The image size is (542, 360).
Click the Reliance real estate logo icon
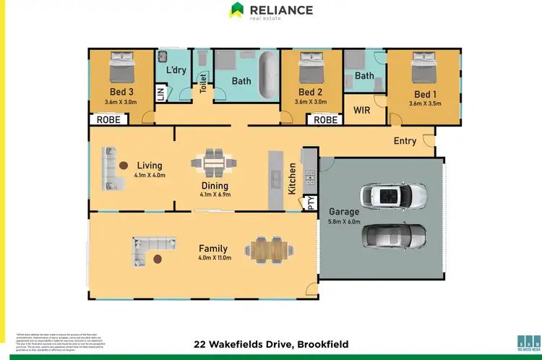tap(236, 10)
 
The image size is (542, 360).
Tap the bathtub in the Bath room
tap(265, 75)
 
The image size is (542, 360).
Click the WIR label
tap(361, 111)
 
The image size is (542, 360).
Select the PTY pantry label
tap(311, 203)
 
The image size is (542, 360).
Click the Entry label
tap(405, 141)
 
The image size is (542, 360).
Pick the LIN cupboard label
tap(161, 95)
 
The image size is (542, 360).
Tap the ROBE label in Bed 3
tap(108, 120)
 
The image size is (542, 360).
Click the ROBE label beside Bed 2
tap(326, 120)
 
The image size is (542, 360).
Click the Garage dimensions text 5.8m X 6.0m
tap(344, 222)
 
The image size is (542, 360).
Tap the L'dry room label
tap(177, 71)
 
